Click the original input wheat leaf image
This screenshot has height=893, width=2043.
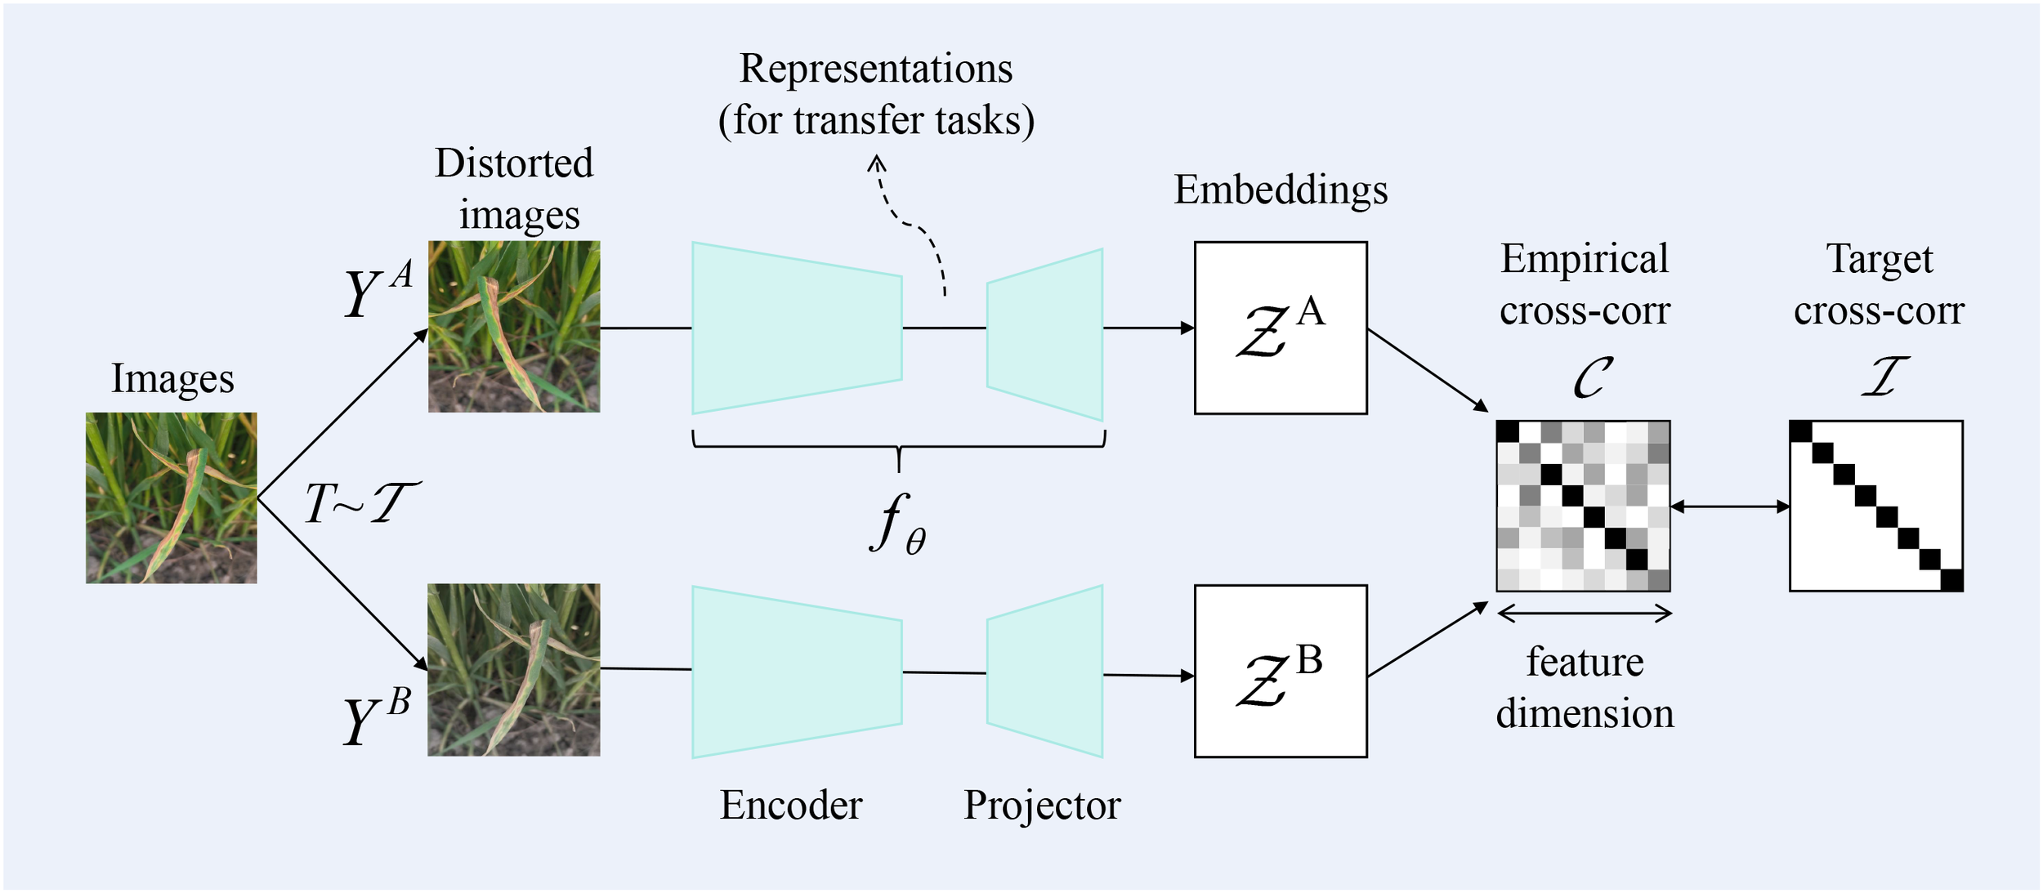pyautogui.click(x=171, y=498)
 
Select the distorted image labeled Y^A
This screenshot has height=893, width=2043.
pyautogui.click(x=514, y=326)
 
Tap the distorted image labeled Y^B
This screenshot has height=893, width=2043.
pyautogui.click(x=514, y=669)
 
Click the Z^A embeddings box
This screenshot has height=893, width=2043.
pyautogui.click(x=1281, y=328)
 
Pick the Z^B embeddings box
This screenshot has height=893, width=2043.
pyautogui.click(x=1281, y=671)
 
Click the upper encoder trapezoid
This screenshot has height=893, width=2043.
pyautogui.click(x=797, y=328)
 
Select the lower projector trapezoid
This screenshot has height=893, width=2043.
pyautogui.click(x=1045, y=671)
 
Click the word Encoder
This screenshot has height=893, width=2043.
pyautogui.click(x=790, y=805)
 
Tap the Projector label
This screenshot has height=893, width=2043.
pyautogui.click(x=1042, y=805)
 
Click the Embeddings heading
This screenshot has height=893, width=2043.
pyautogui.click(x=1281, y=190)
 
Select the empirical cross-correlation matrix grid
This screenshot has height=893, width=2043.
pyautogui.click(x=1583, y=506)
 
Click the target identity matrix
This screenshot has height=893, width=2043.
pyautogui.click(x=1875, y=506)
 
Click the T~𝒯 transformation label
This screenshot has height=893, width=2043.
pyautogui.click(x=362, y=502)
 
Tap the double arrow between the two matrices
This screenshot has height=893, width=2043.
pyautogui.click(x=1730, y=507)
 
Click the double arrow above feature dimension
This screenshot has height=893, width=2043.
pyautogui.click(x=1585, y=614)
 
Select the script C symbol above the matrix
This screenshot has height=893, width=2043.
pyautogui.click(x=1592, y=377)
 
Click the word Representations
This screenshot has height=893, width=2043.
pyautogui.click(x=876, y=69)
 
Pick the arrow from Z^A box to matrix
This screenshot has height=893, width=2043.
pyautogui.click(x=1427, y=370)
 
